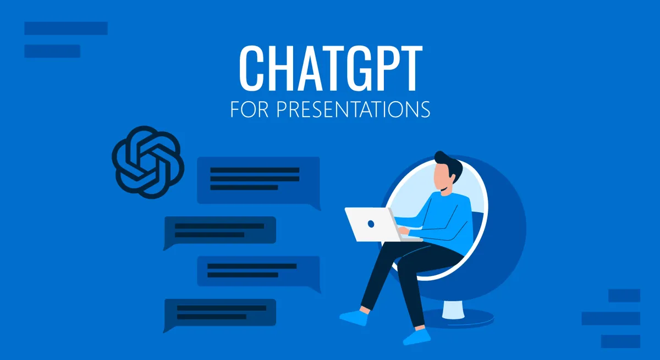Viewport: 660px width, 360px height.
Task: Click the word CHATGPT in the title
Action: pyautogui.click(x=330, y=69)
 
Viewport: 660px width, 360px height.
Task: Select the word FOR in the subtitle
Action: pyautogui.click(x=250, y=109)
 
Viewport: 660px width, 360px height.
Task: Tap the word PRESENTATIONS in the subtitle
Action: pyautogui.click(x=353, y=109)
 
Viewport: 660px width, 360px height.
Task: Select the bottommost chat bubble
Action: pyautogui.click(x=220, y=313)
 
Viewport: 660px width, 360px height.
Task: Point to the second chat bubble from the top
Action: pyautogui.click(x=220, y=230)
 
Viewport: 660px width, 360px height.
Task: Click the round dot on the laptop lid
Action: pyautogui.click(x=371, y=224)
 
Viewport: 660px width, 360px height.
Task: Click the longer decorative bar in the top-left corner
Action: pyautogui.click(x=66, y=29)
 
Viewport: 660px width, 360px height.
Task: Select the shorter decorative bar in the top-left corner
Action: pyautogui.click(x=52, y=51)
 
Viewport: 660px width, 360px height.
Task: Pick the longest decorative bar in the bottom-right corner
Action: pyautogui.click(x=610, y=318)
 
